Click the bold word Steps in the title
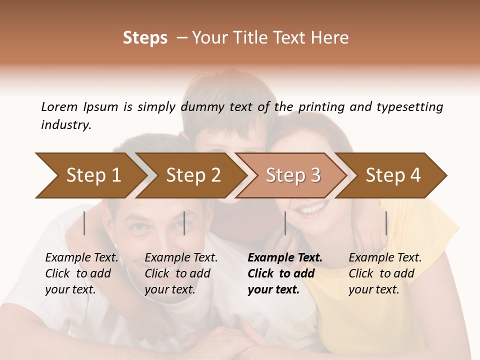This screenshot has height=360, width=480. point(145,38)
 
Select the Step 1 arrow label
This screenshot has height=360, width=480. point(93,175)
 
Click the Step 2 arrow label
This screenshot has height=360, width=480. point(193,175)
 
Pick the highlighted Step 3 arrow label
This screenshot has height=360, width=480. point(293,175)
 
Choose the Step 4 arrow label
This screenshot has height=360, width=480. point(393,175)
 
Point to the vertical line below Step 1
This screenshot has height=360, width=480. point(84,223)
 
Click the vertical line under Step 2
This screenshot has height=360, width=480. point(184,223)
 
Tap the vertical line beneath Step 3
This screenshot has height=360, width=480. point(285,223)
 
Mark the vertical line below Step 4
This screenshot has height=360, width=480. point(386,223)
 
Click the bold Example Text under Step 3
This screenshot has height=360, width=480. point(285,258)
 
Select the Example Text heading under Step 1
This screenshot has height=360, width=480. point(81,258)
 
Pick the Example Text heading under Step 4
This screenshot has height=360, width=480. point(385,258)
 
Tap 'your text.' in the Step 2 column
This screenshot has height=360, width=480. point(169,289)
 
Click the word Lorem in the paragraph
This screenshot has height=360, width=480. point(59,106)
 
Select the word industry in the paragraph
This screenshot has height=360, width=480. point(66,125)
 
